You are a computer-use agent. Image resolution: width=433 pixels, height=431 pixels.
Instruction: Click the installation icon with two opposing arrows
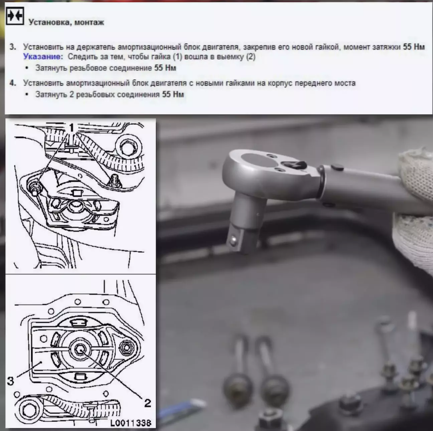pyautogui.click(x=15, y=16)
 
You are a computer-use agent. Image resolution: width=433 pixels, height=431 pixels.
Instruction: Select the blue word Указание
pyautogui.click(x=42, y=57)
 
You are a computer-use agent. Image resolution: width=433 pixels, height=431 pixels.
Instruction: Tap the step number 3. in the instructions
pyautogui.click(x=13, y=47)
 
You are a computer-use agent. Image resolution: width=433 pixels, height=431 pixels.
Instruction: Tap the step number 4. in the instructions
pyautogui.click(x=13, y=83)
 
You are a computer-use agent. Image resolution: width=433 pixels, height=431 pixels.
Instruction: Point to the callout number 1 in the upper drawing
pyautogui.click(x=71, y=128)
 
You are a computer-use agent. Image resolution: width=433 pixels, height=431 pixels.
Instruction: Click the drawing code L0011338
pyautogui.click(x=131, y=423)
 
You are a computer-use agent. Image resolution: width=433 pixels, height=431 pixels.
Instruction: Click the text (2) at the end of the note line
pyautogui.click(x=251, y=57)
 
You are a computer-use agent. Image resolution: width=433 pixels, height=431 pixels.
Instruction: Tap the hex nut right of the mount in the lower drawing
pyautogui.click(x=127, y=348)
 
